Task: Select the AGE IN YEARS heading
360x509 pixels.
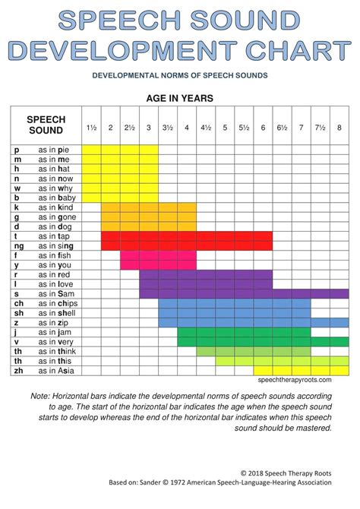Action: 179,99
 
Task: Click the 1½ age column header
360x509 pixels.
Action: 91,128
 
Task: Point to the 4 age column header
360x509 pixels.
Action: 187,128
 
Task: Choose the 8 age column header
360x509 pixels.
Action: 339,128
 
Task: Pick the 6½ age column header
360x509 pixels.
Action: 283,128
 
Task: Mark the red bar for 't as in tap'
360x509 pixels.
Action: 187,236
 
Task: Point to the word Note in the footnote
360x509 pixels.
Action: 40,397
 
